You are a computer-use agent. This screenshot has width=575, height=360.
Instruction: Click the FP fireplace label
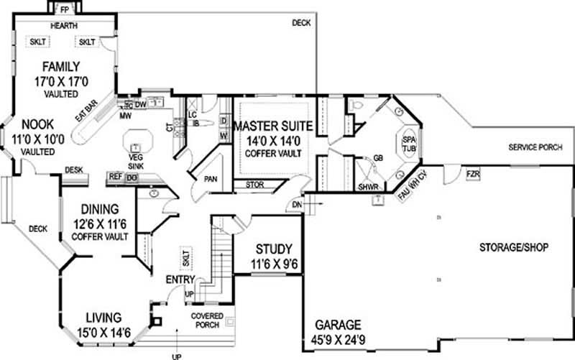[x=64, y=9]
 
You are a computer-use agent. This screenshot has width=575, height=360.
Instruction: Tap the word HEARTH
[x=64, y=26]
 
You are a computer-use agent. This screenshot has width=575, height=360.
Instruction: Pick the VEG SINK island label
[x=135, y=160]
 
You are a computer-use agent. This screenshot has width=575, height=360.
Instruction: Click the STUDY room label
[x=272, y=251]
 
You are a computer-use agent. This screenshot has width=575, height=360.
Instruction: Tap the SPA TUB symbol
[x=408, y=144]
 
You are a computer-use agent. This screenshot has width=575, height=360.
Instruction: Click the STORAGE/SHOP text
[x=514, y=247]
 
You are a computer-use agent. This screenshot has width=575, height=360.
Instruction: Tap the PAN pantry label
[x=211, y=178]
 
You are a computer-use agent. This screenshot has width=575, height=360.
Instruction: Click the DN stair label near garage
[x=297, y=205]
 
